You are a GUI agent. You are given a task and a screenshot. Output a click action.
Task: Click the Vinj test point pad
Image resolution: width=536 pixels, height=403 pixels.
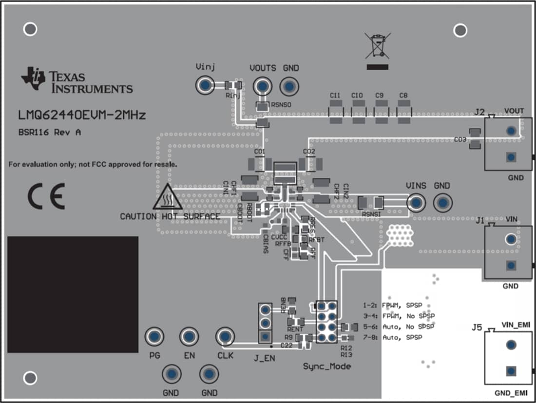[205, 86]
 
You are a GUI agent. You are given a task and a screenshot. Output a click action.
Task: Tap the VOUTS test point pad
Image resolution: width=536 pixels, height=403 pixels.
[263, 86]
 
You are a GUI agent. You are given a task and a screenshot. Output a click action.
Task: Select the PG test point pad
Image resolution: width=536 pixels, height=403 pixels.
[154, 336]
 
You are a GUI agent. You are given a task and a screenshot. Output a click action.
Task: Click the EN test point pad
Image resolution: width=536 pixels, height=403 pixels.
[189, 336]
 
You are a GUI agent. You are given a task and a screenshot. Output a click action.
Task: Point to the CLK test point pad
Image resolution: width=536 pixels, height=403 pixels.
[225, 336]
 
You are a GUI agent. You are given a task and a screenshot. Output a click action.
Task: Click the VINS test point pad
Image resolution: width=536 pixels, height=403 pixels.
[416, 203]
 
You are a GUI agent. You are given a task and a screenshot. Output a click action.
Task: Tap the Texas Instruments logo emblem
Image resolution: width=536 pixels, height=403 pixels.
[33, 78]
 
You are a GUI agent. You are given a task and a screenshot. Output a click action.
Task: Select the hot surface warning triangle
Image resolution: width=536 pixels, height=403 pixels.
[167, 198]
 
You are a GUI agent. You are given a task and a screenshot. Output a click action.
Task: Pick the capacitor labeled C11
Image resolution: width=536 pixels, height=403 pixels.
[335, 114]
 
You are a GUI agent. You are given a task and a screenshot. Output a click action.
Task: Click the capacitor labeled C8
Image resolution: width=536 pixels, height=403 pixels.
[403, 114]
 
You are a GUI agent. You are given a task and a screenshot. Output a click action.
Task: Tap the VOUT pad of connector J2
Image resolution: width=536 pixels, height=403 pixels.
[511, 131]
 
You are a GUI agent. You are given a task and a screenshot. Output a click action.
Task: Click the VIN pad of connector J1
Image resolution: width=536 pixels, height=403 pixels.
[511, 239]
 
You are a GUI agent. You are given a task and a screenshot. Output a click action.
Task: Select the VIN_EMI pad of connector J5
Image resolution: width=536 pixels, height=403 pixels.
[511, 345]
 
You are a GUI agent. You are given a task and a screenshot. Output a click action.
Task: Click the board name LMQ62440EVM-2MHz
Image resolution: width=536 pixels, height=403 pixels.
[82, 115]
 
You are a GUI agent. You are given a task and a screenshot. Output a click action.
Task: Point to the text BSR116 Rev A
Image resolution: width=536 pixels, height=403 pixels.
[50, 133]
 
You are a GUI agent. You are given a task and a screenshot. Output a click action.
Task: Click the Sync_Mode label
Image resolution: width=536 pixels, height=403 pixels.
[326, 366]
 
